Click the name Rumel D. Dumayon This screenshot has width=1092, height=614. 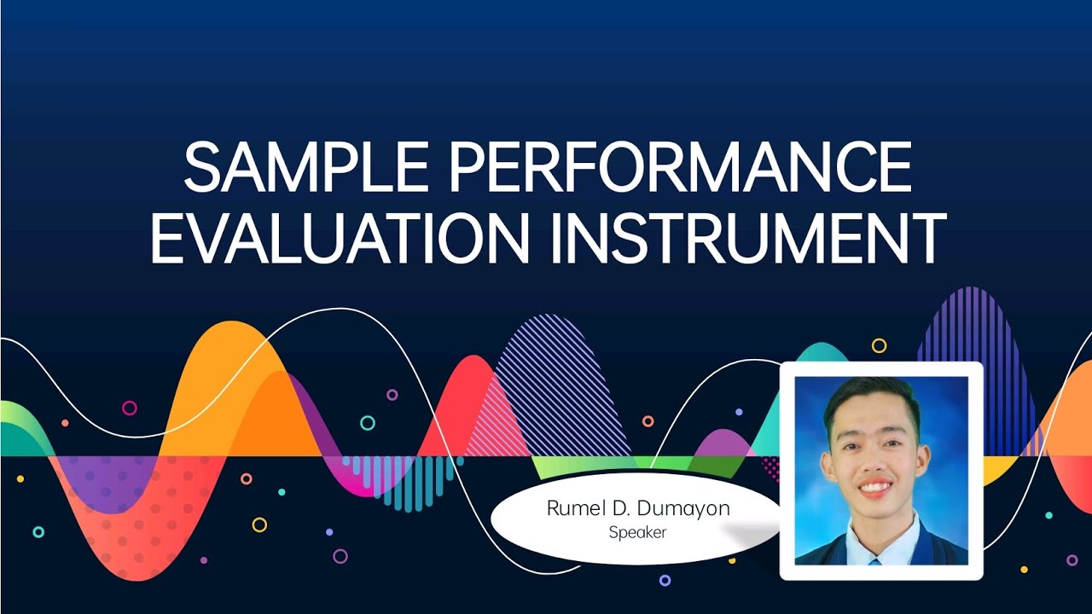pos(637,509)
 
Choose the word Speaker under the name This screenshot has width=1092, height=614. pos(637,533)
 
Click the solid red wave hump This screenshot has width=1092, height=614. pos(465,401)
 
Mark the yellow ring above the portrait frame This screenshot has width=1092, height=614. pos(879,345)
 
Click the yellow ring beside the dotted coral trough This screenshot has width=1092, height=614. pos(259,524)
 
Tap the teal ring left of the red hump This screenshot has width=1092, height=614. pos(368,423)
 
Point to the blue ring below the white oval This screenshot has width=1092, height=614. pos(665,580)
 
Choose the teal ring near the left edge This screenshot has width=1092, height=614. pos(38,532)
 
